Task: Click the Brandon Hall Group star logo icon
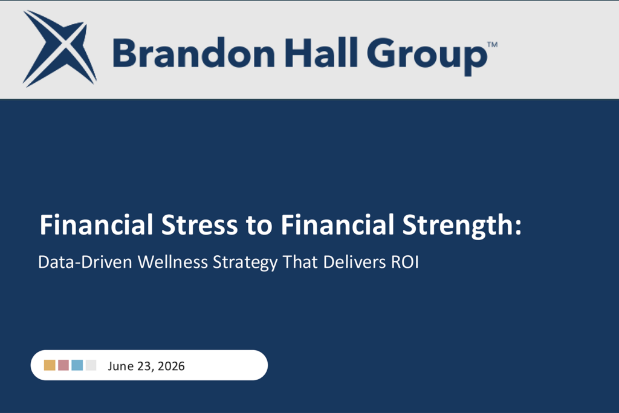tap(59, 48)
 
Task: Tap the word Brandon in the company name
tap(194, 53)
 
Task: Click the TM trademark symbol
tap(492, 45)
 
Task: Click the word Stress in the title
tap(199, 225)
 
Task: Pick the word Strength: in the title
tap(461, 226)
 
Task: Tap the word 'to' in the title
tap(259, 226)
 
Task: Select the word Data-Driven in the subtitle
tap(85, 262)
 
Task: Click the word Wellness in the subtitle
tap(172, 262)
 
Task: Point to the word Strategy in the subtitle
tap(245, 263)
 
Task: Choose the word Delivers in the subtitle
tap(354, 262)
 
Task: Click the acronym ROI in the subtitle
tap(404, 262)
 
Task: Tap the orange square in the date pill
tap(50, 365)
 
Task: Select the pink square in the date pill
tap(63, 365)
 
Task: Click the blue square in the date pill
tap(77, 365)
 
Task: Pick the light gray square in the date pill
tap(91, 365)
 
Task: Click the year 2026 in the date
tap(171, 366)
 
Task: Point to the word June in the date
tap(121, 366)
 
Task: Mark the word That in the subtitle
tap(300, 262)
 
